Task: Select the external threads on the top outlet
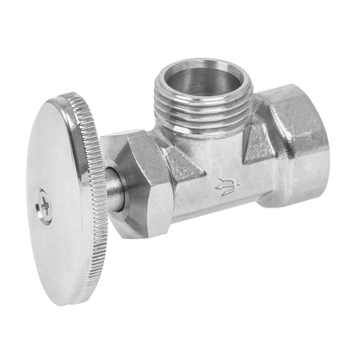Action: click(x=202, y=110)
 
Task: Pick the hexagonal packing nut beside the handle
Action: click(x=144, y=180)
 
